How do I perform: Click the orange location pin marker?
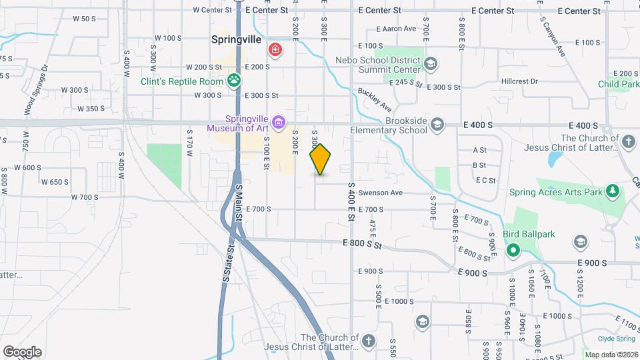click(321, 159)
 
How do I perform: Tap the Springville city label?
click(236, 40)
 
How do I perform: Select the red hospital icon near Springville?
click(274, 49)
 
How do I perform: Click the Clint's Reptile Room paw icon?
click(234, 81)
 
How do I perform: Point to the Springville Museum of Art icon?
click(279, 122)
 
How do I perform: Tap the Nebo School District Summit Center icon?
click(431, 64)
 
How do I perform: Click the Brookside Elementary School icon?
click(437, 125)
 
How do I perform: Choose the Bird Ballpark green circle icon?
click(513, 251)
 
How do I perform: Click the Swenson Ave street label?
click(381, 193)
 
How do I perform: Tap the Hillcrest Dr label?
click(520, 81)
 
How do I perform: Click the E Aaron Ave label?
click(396, 29)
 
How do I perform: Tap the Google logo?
click(22, 352)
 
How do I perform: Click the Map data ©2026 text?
click(610, 355)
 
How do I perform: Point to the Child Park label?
click(618, 85)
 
